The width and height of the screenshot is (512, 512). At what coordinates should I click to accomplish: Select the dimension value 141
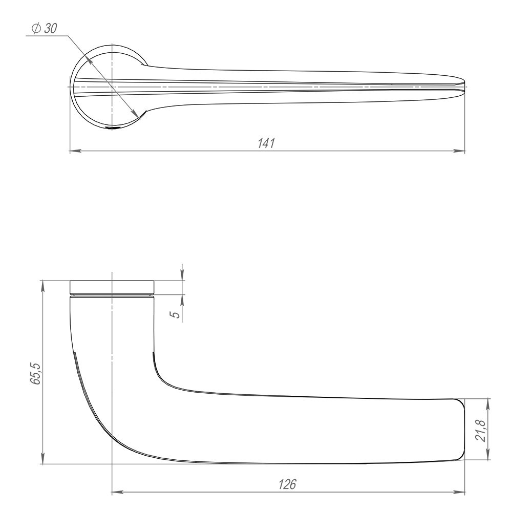tap(266, 144)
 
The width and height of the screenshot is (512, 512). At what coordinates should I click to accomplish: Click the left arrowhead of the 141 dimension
tap(73, 151)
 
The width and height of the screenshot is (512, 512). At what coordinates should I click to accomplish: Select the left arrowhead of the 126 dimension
tap(116, 493)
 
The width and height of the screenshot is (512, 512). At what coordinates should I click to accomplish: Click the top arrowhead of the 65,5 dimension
tap(42, 285)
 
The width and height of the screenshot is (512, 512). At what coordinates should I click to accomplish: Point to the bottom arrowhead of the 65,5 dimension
tap(42, 460)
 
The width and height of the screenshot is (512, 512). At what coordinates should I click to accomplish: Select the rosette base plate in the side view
tap(112, 287)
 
